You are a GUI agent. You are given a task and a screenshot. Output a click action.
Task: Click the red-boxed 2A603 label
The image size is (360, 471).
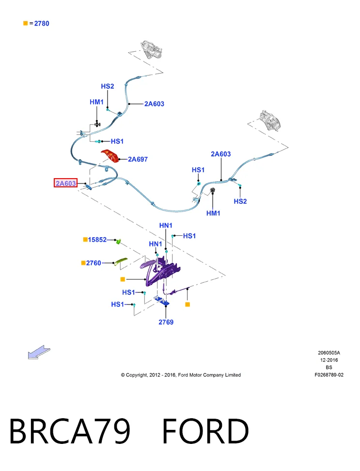(65, 183)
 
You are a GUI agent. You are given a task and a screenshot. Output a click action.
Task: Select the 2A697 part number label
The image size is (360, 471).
(138, 159)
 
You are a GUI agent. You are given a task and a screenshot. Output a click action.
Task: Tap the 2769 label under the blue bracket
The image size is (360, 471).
(166, 322)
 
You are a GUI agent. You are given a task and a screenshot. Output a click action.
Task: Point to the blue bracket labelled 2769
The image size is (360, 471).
(162, 301)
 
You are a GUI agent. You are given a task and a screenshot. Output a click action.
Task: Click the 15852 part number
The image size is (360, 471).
(97, 240)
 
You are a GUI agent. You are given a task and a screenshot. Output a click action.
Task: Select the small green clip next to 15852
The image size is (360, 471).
(119, 241)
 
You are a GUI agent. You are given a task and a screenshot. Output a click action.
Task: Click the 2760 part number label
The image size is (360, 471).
(94, 263)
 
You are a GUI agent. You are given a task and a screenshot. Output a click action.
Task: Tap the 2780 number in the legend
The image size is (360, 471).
(42, 23)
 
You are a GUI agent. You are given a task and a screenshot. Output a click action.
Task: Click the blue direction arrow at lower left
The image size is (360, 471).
(39, 352)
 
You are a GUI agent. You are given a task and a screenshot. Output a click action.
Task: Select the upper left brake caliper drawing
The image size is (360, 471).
(151, 49)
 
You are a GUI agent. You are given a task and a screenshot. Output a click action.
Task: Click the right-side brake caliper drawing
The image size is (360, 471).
(271, 120)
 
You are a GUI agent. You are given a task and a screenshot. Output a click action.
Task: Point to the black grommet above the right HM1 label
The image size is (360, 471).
(212, 191)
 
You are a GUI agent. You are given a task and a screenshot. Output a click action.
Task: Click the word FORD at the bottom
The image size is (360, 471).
(206, 431)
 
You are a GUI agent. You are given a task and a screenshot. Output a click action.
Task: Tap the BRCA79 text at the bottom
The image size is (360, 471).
(70, 431)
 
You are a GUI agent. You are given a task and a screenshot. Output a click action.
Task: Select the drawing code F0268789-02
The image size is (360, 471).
(329, 375)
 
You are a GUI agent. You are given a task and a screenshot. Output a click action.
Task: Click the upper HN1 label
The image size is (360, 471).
(166, 225)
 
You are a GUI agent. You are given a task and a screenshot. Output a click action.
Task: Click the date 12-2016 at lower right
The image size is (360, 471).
(329, 360)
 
